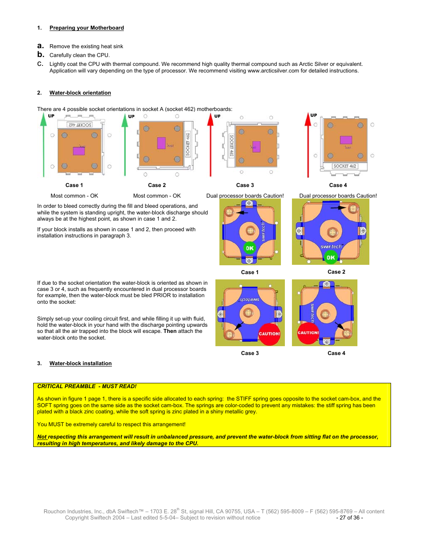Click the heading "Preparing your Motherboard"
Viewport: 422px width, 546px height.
point(86,28)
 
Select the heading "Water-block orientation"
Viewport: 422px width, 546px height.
point(80,93)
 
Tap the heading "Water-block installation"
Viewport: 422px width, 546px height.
point(81,363)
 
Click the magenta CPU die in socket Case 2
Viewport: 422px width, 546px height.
point(161,143)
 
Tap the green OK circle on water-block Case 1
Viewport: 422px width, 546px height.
point(249,248)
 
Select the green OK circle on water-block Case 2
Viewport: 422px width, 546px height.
point(330,257)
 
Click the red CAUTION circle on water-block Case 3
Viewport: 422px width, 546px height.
point(269,334)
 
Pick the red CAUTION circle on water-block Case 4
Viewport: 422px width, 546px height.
point(308,333)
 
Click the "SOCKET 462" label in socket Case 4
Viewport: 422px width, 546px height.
point(345,166)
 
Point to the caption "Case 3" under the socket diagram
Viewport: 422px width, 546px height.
point(245,185)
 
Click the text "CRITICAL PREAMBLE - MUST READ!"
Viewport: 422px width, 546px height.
point(87,386)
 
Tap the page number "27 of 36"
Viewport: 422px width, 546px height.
point(349,518)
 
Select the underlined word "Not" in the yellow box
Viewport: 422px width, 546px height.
point(42,437)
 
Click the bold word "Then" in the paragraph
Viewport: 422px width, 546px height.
point(169,331)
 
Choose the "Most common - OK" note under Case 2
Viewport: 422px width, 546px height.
point(157,196)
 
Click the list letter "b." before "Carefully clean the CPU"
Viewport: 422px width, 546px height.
point(41,55)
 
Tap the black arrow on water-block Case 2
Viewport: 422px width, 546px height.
point(339,207)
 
